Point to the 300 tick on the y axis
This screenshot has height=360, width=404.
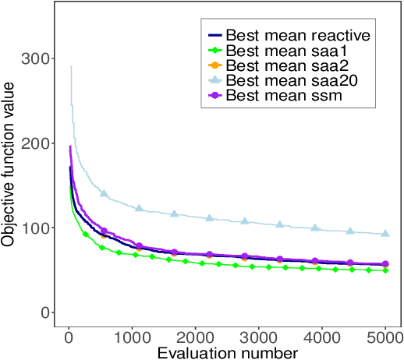point(41,59)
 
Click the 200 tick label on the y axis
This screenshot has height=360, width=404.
point(41,143)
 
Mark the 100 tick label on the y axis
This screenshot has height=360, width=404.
point(41,228)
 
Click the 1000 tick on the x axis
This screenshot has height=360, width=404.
point(133,340)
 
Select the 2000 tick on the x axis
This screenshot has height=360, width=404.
point(196,340)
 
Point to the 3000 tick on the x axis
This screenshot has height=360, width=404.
point(259,340)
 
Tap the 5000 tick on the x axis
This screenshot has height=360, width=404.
point(385,340)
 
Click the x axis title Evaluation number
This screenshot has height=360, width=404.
point(227,353)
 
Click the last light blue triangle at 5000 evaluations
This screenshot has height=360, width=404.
point(385,234)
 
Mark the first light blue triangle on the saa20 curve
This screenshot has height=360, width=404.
point(104,193)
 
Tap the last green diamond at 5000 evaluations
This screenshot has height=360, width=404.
point(385,270)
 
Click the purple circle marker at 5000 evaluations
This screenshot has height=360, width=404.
point(385,264)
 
